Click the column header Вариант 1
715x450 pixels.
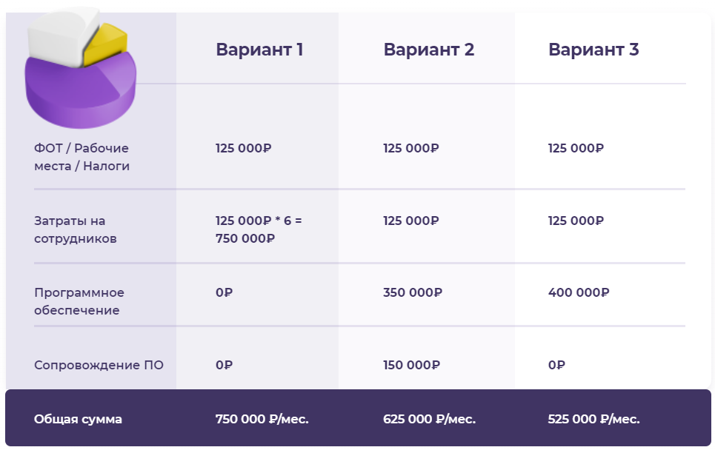pos(259,49)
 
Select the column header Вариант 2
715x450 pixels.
pos(429,49)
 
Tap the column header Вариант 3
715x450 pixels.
pos(593,49)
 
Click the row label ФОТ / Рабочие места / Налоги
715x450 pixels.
pos(82,157)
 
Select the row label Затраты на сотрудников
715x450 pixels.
pos(76,229)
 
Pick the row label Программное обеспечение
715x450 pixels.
pos(79,301)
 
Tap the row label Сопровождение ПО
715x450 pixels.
pos(99,365)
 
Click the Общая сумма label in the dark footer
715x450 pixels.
pos(78,419)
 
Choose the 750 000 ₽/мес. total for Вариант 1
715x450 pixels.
pos(262,419)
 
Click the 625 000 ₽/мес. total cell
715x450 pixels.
pos(430,419)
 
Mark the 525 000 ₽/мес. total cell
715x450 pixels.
pos(594,419)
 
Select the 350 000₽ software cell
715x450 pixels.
pos(413,292)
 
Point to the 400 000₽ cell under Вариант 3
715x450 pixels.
pos(579,292)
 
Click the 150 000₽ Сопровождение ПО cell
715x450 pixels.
pos(412,365)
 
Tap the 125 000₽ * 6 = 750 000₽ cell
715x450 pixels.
pos(259,229)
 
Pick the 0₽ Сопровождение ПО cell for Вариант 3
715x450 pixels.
pos(556,365)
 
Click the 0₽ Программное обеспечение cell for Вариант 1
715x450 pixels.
pos(225,292)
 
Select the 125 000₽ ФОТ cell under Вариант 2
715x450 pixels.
pos(411,148)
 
